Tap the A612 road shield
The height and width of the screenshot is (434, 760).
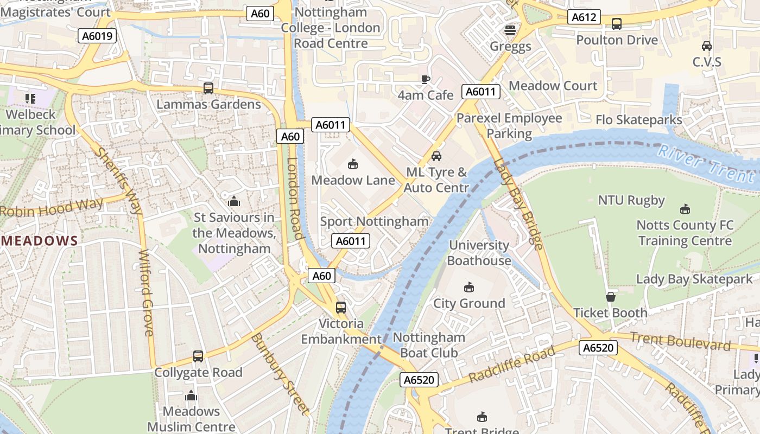point(584,17)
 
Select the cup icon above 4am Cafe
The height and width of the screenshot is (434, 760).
point(426,79)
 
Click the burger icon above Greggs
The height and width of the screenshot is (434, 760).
point(510,30)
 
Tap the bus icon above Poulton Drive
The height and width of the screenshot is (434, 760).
point(617,24)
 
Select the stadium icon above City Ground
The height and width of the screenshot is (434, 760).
point(469,287)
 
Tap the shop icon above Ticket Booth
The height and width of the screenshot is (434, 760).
point(611,297)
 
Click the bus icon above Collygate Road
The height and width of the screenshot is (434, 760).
point(198,356)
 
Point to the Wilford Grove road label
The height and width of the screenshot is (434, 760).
point(147,293)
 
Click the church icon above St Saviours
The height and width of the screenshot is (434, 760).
point(234,202)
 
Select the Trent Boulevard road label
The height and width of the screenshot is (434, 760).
point(681,342)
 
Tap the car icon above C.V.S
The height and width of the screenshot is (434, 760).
point(707,46)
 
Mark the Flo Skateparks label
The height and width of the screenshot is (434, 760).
point(638,120)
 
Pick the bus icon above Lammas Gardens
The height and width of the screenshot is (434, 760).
point(208,88)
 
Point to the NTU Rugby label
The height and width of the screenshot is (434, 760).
point(631,200)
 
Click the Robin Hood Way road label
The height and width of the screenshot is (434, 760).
point(52,208)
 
